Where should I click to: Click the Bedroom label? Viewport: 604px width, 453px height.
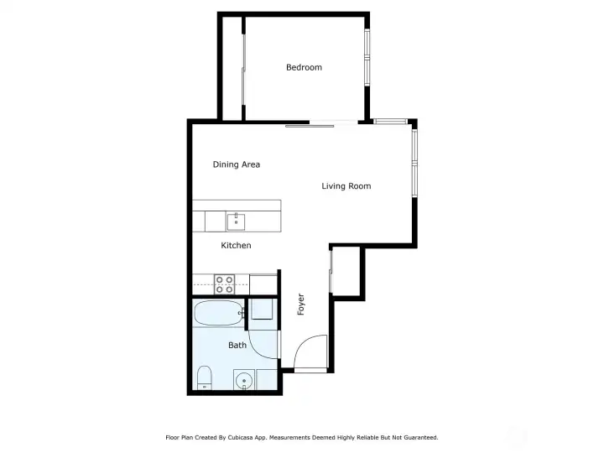[304, 67]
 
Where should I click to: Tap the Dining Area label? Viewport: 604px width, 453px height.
[236, 164]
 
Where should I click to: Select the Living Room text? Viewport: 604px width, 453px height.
[346, 186]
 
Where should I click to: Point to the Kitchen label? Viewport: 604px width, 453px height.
[236, 245]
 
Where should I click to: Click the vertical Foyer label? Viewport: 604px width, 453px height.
[301, 305]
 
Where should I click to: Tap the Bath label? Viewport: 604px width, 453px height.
[237, 345]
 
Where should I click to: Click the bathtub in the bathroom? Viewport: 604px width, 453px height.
[218, 313]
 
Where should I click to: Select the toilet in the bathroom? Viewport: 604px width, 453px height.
[204, 377]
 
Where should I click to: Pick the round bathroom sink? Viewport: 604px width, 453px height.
[244, 381]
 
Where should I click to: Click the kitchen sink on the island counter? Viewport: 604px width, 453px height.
[236, 221]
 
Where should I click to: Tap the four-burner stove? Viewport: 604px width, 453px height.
[224, 284]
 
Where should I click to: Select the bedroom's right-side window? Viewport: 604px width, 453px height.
[367, 58]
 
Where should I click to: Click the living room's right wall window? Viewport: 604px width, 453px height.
[414, 163]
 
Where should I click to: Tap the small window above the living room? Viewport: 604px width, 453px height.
[391, 122]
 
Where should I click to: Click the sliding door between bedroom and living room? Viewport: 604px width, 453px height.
[321, 124]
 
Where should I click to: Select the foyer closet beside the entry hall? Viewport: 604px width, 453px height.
[346, 272]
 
